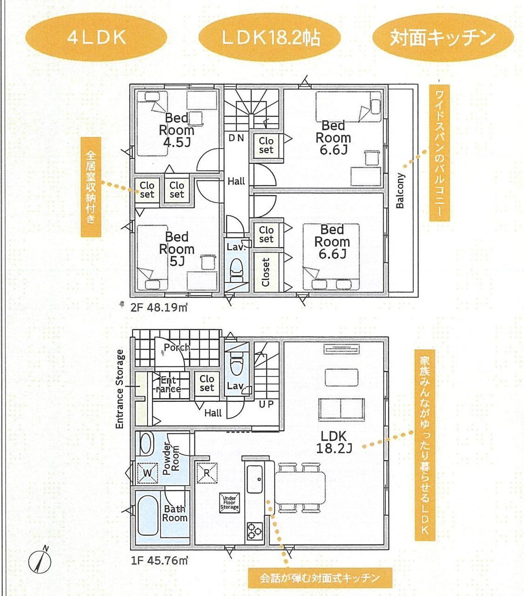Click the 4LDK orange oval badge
point(96,37)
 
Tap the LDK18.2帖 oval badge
point(269,37)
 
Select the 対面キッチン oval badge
point(443,37)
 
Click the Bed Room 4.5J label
point(176,130)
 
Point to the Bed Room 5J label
point(177,249)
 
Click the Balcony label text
point(400,190)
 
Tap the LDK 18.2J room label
point(334,442)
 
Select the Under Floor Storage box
point(229,502)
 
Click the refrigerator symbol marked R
point(207,473)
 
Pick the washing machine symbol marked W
point(148,473)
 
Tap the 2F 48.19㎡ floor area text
point(159,308)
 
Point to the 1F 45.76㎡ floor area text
point(159,561)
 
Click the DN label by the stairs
point(236,138)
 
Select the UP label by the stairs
point(266,404)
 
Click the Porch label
point(177,347)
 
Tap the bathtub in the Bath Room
point(148,515)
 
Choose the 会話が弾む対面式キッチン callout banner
point(320,578)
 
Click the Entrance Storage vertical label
point(120,389)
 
